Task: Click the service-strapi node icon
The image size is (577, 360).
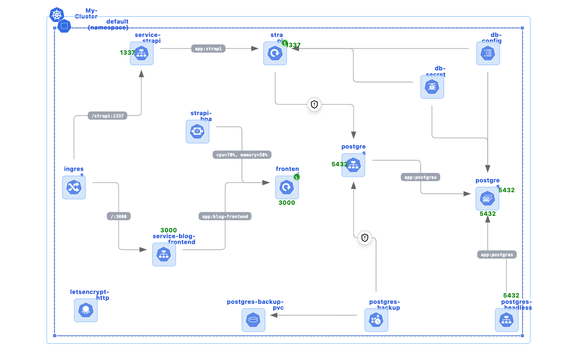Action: [x=141, y=53]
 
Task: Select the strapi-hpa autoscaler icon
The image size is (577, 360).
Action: [x=197, y=131]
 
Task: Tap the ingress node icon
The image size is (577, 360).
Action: [x=74, y=187]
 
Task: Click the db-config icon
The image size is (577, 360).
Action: [x=488, y=53]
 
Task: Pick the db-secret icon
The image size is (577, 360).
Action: [x=432, y=86]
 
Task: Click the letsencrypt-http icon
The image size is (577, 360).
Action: [x=86, y=310]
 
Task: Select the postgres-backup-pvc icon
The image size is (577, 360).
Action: [x=253, y=320]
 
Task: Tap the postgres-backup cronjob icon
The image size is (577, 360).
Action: [x=376, y=320]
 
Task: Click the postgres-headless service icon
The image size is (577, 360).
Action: [x=507, y=320]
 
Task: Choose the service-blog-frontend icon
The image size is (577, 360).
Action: [x=164, y=254]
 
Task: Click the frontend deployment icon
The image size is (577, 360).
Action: [x=287, y=187]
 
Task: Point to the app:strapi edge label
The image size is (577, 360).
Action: [x=208, y=49]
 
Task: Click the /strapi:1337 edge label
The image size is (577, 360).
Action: [x=107, y=116]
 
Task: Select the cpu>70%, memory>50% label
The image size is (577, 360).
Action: [x=242, y=155]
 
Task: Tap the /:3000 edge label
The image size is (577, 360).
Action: [x=119, y=217]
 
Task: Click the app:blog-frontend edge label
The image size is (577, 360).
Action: [x=225, y=217]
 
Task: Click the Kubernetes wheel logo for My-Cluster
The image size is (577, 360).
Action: [x=57, y=15]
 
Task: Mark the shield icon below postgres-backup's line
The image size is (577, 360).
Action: [x=365, y=237]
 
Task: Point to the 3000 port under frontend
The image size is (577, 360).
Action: [x=287, y=203]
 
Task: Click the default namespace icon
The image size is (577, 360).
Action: [x=64, y=26]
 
